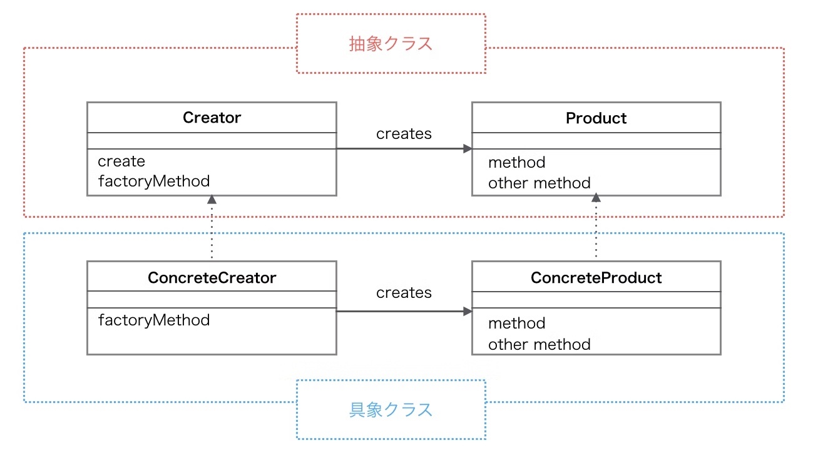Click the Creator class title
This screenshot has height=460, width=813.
(x=212, y=118)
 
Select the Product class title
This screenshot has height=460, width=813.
(x=596, y=118)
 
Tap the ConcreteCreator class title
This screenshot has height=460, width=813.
(x=212, y=278)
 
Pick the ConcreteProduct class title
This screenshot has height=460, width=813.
(x=596, y=278)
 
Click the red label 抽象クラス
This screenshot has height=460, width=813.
(x=391, y=44)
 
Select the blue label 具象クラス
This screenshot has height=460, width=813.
(x=391, y=410)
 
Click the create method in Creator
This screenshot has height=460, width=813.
(x=121, y=161)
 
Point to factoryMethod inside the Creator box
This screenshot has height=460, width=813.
(x=154, y=181)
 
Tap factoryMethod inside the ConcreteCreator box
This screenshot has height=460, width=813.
(x=154, y=320)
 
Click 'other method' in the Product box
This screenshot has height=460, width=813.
(x=539, y=183)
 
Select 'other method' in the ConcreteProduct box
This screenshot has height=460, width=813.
(x=539, y=344)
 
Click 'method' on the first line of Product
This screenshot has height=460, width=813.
(x=517, y=162)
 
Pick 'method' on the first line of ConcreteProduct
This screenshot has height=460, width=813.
(x=517, y=323)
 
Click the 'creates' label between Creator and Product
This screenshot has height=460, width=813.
(x=404, y=134)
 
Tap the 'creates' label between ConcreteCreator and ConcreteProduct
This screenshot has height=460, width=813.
(x=404, y=293)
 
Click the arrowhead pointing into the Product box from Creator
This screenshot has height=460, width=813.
(x=468, y=148)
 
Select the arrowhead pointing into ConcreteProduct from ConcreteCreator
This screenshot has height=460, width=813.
(x=468, y=311)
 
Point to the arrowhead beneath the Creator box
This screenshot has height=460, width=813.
(x=212, y=199)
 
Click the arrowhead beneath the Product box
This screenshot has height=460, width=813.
(x=596, y=198)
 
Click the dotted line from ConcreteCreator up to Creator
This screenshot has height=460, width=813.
(x=212, y=232)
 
